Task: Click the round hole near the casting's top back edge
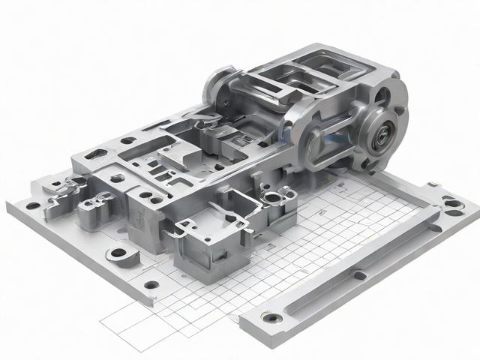tap(128, 139)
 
